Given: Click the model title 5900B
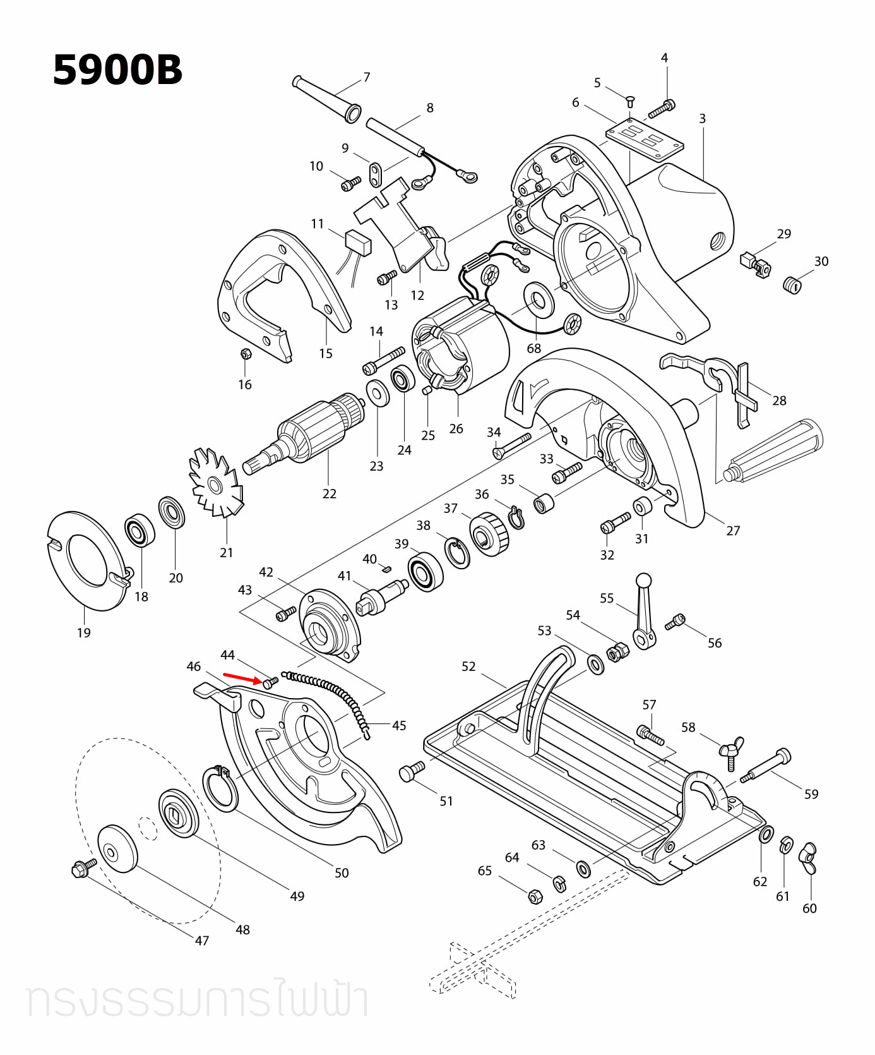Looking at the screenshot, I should (117, 69).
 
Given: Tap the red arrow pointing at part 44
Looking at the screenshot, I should (242, 678).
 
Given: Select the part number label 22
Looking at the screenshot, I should (329, 493).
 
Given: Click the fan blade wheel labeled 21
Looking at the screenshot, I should (215, 484).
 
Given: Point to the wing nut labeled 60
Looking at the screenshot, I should (808, 857).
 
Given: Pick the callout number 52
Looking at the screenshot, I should (468, 666).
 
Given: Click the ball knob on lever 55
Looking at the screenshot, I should (643, 580).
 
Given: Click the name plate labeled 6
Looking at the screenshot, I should (644, 140).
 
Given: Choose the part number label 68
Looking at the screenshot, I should (533, 348).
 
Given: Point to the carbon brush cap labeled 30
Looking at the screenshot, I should (792, 285).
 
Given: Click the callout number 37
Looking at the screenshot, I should (450, 508).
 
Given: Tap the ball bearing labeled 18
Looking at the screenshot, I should (140, 531).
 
